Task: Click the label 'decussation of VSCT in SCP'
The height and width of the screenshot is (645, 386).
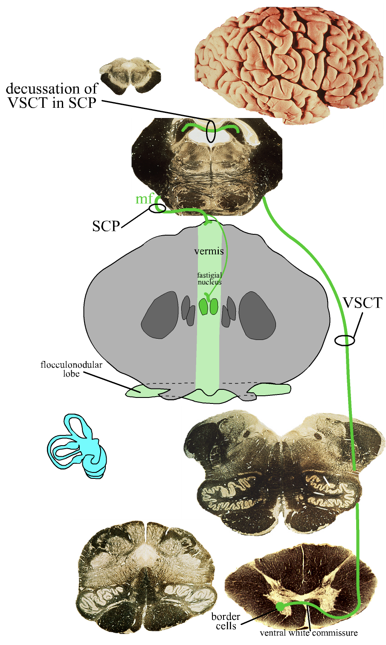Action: click(x=52, y=95)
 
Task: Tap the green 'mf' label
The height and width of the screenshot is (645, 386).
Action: click(x=143, y=199)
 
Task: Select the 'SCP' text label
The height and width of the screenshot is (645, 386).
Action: click(x=106, y=226)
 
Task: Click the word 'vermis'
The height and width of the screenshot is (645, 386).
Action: click(x=209, y=251)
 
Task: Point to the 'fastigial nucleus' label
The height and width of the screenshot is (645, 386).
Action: click(x=209, y=279)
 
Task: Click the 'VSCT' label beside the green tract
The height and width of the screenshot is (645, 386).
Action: click(x=363, y=303)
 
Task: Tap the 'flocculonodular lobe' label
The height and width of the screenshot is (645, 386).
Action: click(x=71, y=369)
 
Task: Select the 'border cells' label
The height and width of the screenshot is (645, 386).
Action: click(x=226, y=621)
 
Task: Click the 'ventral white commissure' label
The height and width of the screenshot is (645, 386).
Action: click(x=308, y=633)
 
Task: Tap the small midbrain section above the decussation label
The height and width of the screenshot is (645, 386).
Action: click(x=130, y=76)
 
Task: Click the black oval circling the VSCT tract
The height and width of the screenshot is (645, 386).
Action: click(x=345, y=340)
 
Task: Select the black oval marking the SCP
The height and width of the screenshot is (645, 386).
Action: click(x=157, y=208)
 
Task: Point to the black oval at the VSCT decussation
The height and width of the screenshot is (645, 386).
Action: click(x=211, y=131)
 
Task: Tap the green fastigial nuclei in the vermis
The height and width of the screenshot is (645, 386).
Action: click(x=209, y=306)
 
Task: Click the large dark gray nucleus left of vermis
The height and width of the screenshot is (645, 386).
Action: click(x=160, y=315)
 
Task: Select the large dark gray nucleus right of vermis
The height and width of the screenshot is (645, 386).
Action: click(x=257, y=315)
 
